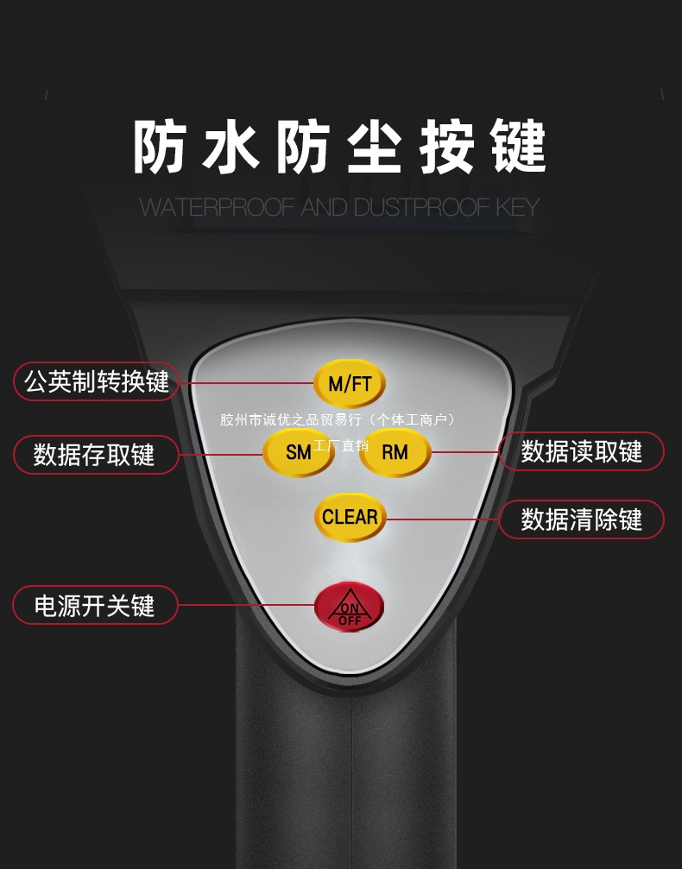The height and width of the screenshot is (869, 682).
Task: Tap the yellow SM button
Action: coord(298,451)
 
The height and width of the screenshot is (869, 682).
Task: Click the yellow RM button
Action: coord(395,451)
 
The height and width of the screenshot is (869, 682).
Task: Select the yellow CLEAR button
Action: coord(350,517)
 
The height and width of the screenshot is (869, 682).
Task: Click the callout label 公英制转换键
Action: coord(96,381)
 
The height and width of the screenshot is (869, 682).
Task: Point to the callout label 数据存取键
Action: coord(95,454)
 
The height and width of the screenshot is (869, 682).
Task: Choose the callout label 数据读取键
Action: coord(582,451)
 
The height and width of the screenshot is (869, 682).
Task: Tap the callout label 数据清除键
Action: coord(582,520)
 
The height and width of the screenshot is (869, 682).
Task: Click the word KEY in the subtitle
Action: coord(517,207)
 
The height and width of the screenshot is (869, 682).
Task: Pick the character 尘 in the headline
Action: coord(375,148)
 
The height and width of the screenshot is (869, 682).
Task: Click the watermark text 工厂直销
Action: coord(341,446)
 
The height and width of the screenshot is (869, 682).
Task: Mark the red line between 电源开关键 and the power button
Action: coord(246,605)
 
